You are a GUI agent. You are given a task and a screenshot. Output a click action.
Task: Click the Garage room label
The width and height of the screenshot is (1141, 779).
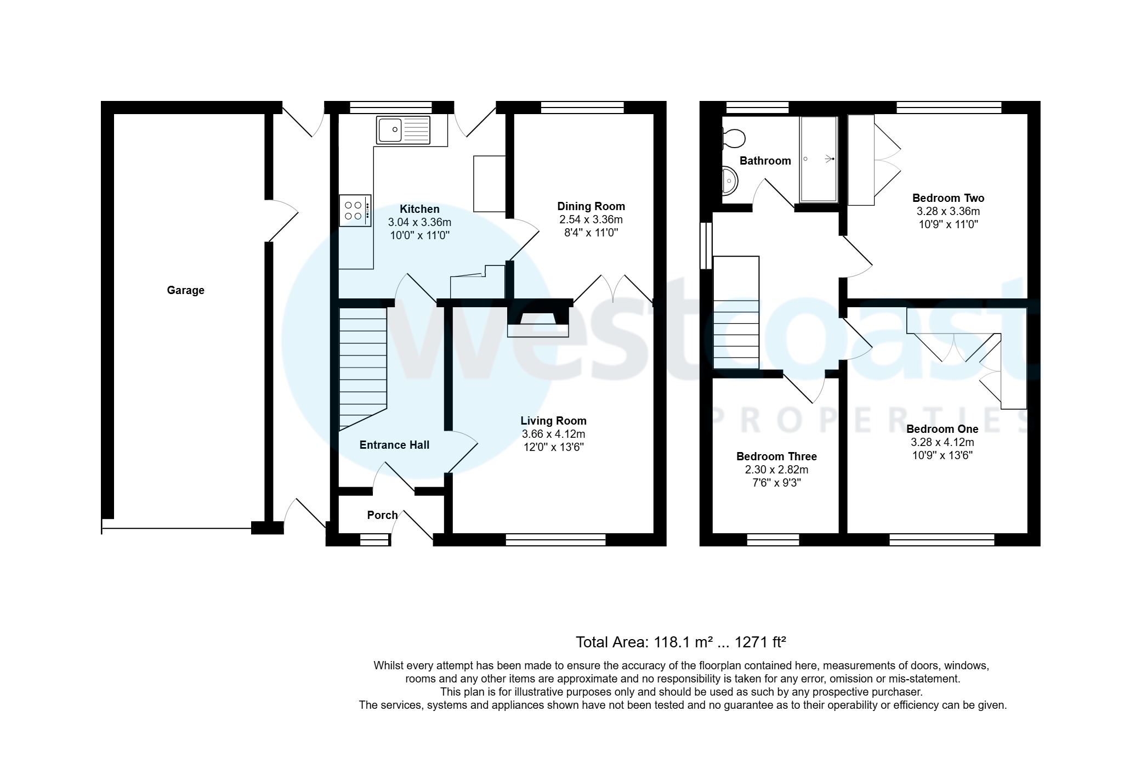(x=185, y=290)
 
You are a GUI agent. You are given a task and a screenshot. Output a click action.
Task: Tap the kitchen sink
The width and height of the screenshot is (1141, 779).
(x=403, y=130)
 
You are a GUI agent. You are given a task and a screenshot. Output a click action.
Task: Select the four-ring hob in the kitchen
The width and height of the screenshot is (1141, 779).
(x=354, y=211)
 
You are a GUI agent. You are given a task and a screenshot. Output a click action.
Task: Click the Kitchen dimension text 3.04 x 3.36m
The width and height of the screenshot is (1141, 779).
(x=419, y=222)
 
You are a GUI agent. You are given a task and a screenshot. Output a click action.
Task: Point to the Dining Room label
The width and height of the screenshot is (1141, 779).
(x=591, y=206)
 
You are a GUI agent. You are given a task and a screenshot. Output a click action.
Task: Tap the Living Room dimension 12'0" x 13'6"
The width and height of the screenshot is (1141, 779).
(x=553, y=447)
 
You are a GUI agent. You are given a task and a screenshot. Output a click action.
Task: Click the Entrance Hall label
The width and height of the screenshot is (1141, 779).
(x=394, y=445)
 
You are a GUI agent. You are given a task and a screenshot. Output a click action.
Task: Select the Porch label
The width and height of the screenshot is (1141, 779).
(x=382, y=515)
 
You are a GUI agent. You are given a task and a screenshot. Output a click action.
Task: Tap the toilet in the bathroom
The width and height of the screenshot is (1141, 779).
(x=733, y=138)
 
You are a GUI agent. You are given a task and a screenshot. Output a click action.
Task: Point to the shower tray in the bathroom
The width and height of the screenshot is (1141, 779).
(x=819, y=159)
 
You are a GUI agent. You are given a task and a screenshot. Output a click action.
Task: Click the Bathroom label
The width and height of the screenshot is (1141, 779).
(x=765, y=161)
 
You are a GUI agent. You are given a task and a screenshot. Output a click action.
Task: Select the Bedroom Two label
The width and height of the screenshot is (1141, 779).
(x=948, y=198)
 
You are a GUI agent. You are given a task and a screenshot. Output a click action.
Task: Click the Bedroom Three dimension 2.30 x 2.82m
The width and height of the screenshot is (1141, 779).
(x=776, y=470)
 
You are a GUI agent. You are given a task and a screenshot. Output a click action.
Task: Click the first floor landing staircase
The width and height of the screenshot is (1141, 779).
(x=736, y=313)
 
